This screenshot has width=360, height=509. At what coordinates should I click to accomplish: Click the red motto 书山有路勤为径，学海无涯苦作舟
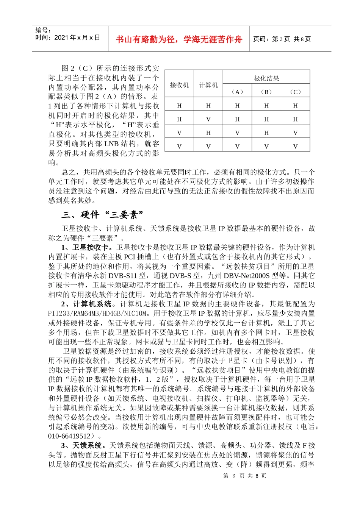tap(178, 39)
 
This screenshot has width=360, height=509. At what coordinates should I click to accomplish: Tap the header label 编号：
tap(43, 30)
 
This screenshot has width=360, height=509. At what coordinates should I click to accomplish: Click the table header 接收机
tap(179, 85)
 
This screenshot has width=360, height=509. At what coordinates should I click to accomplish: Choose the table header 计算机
tap(208, 85)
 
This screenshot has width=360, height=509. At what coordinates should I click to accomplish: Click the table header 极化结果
tap(266, 78)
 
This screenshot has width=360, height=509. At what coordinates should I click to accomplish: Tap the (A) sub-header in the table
tap(237, 92)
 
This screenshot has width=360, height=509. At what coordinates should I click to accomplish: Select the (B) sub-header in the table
tap(266, 92)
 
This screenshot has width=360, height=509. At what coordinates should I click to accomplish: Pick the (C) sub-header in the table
tap(295, 92)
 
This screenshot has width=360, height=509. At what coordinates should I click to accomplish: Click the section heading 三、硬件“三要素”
tap(103, 215)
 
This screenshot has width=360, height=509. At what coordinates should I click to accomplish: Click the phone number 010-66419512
tap(70, 436)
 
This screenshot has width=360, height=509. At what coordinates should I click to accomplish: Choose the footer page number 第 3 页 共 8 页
tap(245, 476)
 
